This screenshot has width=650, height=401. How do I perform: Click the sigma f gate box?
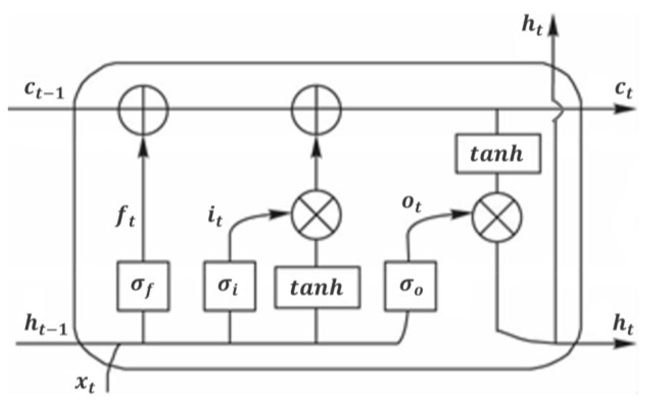143,286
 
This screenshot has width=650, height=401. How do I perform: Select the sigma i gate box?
229,286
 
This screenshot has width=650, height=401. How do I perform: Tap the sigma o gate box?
410,286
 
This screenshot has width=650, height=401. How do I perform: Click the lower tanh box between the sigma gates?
317,287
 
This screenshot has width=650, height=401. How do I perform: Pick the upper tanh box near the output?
498,154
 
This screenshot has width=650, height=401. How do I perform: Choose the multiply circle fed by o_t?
497,217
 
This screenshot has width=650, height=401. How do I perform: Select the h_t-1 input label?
46,325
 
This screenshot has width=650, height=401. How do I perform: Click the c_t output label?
624,90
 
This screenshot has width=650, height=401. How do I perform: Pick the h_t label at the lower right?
623,325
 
